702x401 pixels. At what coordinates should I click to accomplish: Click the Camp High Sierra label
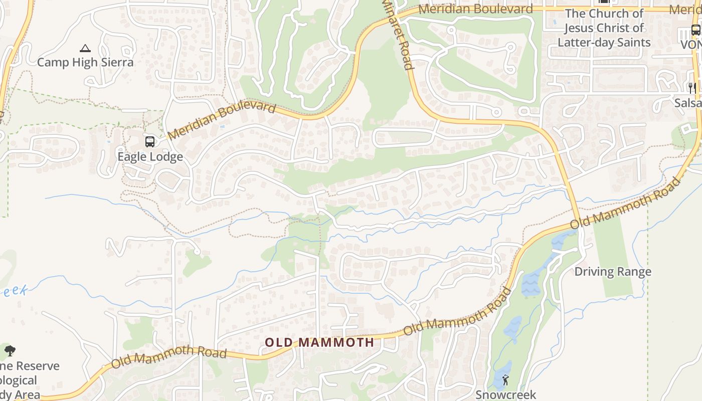click(x=85, y=62)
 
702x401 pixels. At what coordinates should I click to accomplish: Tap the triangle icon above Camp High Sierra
click(x=85, y=49)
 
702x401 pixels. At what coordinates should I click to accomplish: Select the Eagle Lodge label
click(x=150, y=157)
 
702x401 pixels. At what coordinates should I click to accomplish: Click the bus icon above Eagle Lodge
click(x=150, y=142)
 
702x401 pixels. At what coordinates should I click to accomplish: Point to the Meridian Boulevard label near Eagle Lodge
click(x=222, y=121)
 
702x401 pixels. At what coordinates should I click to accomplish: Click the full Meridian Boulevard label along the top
click(x=475, y=9)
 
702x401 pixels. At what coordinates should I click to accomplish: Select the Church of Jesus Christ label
click(x=604, y=28)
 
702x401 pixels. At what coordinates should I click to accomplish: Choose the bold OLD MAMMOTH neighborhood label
click(x=319, y=343)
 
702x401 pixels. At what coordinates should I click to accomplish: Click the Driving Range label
click(x=613, y=272)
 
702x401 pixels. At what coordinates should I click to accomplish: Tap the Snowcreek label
click(x=505, y=395)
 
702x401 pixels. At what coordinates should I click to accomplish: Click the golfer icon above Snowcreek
click(x=505, y=380)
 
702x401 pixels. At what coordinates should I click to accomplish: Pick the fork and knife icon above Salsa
click(x=692, y=88)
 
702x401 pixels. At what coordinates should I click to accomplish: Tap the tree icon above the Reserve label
click(x=10, y=351)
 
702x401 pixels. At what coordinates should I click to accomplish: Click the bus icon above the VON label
click(x=696, y=30)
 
